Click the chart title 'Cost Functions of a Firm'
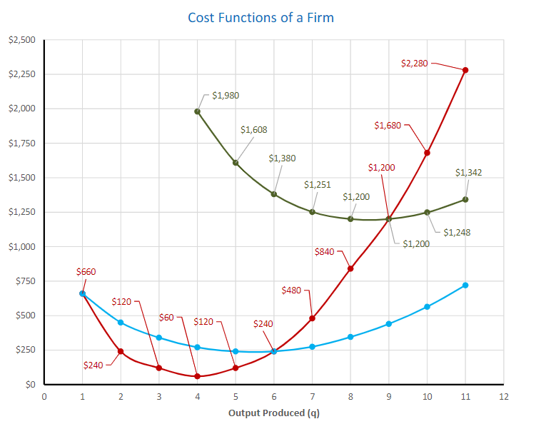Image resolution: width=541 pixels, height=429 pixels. pyautogui.click(x=261, y=17)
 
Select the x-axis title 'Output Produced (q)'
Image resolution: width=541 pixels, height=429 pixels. pyautogui.click(x=274, y=413)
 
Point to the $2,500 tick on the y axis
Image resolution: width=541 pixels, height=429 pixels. pyautogui.click(x=21, y=40)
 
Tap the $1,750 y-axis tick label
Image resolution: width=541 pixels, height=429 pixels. pyautogui.click(x=21, y=143)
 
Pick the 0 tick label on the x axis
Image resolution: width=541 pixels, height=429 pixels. pyautogui.click(x=44, y=396)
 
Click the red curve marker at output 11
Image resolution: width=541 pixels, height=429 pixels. pyautogui.click(x=465, y=70)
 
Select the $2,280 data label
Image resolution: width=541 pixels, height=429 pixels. pyautogui.click(x=415, y=64)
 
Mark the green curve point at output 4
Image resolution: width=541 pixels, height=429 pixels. pyautogui.click(x=197, y=111)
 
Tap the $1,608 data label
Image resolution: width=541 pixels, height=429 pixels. pyautogui.click(x=253, y=130)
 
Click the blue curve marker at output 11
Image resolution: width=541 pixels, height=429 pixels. pyautogui.click(x=465, y=286)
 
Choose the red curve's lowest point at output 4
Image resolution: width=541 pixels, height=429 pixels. pyautogui.click(x=197, y=376)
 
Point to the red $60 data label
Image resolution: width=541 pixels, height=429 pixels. pyautogui.click(x=166, y=316)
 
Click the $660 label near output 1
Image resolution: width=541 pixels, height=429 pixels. pyautogui.click(x=86, y=272)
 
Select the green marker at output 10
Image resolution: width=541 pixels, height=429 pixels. pyautogui.click(x=427, y=212)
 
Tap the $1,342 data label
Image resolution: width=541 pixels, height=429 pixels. pyautogui.click(x=468, y=173)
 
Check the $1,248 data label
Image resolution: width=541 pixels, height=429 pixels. pyautogui.click(x=456, y=232)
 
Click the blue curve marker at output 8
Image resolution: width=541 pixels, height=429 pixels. pyautogui.click(x=350, y=337)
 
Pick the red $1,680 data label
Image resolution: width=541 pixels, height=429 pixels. pyautogui.click(x=388, y=126)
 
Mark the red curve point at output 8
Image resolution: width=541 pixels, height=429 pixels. pyautogui.click(x=350, y=268)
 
